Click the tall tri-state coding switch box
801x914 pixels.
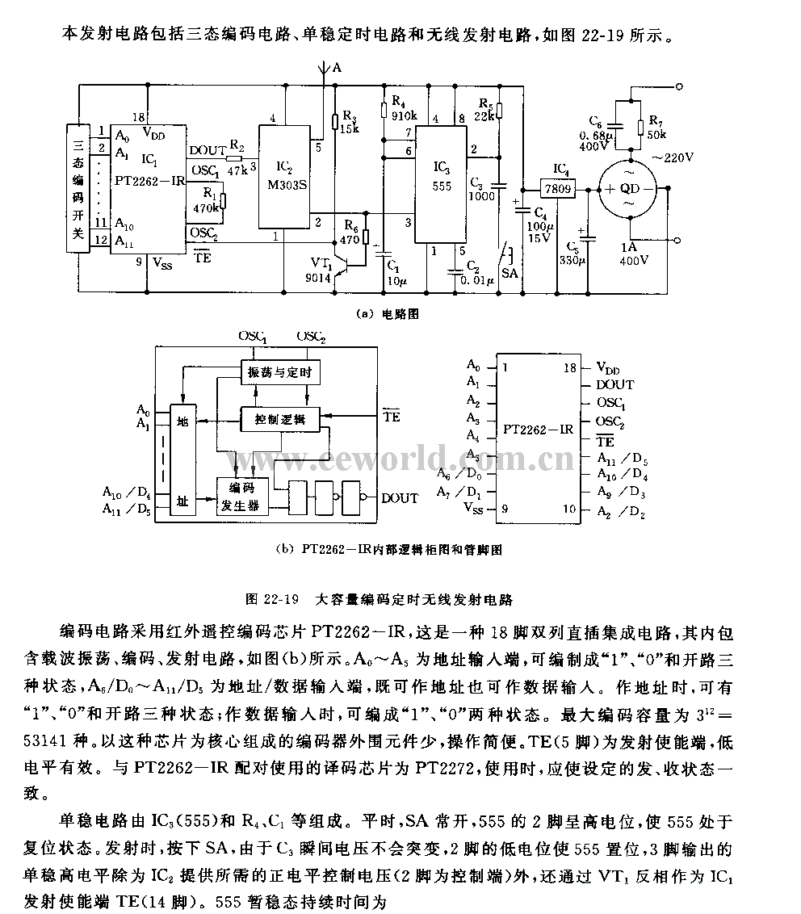click(79, 188)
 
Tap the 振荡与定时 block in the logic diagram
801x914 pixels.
click(276, 372)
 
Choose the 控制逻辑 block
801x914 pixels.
click(275, 419)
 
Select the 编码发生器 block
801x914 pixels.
click(239, 496)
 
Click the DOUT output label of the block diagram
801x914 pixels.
click(400, 498)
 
